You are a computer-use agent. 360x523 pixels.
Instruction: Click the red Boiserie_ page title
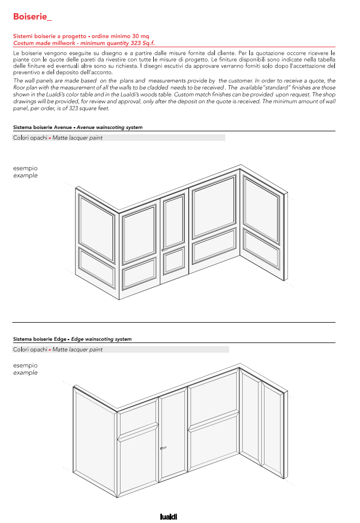coord(32,17)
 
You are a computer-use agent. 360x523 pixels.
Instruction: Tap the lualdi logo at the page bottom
coord(169,516)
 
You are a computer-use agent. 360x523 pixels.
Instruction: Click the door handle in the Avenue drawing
coord(164,250)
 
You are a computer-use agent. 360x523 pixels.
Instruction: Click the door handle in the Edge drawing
coord(163,448)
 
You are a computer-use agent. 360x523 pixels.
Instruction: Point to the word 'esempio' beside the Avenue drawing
coord(25,168)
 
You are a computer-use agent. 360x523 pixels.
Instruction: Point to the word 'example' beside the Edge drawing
coord(25,373)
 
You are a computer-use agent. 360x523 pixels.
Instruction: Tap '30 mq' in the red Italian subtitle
coord(140,35)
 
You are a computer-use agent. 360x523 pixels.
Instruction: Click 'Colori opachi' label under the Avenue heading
coord(30,138)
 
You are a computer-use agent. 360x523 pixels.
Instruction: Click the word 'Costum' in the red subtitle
coord(23,43)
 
